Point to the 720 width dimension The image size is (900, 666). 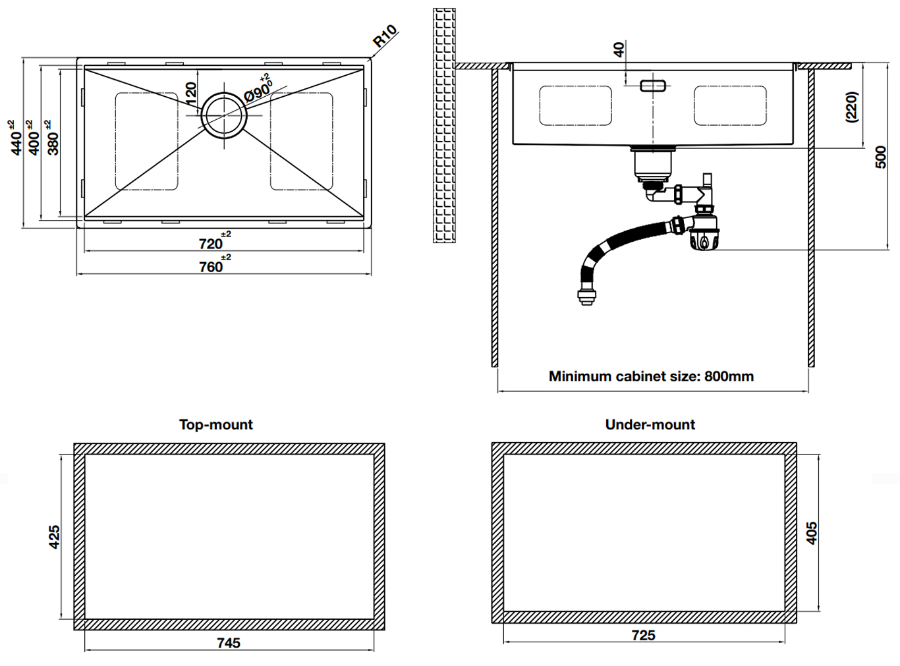pos(211,243)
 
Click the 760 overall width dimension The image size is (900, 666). pos(211,266)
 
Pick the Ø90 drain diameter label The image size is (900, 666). pos(258,90)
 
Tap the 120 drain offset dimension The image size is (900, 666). pos(191,91)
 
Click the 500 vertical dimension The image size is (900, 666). pos(880,157)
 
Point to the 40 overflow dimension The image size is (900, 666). pos(619,49)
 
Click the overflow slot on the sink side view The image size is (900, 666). pos(653,86)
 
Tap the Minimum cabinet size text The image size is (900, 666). pos(651,376)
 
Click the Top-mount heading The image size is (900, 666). pos(215,424)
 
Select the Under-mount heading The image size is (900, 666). pos(650,424)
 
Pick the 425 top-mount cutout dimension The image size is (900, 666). pos(54,536)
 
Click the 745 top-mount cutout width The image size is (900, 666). pos(229,642)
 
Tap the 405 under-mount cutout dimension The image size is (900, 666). pos(811,532)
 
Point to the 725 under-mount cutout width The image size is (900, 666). pos(643,635)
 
